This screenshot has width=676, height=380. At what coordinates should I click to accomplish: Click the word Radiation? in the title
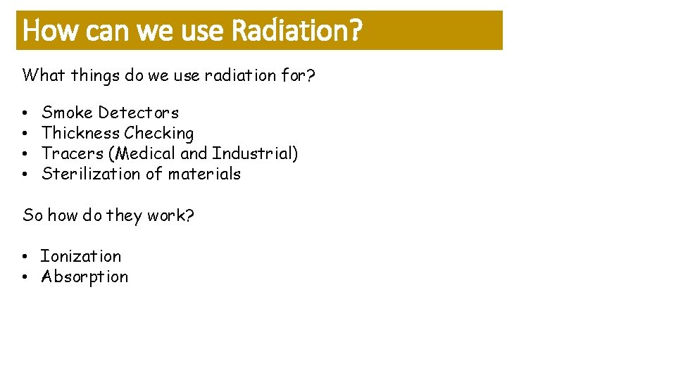click(296, 30)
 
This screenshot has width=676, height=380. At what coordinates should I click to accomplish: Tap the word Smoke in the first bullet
click(68, 113)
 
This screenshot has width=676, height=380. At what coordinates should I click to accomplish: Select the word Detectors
click(139, 113)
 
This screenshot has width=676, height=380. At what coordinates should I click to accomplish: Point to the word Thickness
click(81, 133)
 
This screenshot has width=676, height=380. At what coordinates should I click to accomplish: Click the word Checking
click(159, 133)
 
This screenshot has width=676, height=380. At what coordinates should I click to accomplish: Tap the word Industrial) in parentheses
click(255, 153)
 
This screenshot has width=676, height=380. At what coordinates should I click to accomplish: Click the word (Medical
click(143, 153)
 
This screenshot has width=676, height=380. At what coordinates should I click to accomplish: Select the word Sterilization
click(91, 174)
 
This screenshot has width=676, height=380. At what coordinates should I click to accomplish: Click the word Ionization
click(80, 256)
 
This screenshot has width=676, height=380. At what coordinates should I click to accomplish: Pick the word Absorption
click(84, 277)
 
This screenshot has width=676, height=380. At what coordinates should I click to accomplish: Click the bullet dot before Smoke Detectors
click(25, 113)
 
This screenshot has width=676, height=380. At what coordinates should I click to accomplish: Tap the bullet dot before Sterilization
click(25, 175)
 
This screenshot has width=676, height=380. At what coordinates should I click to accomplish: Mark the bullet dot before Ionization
click(25, 257)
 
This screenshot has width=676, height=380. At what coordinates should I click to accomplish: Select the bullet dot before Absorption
click(25, 277)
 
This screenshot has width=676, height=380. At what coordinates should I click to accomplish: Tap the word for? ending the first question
click(297, 75)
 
